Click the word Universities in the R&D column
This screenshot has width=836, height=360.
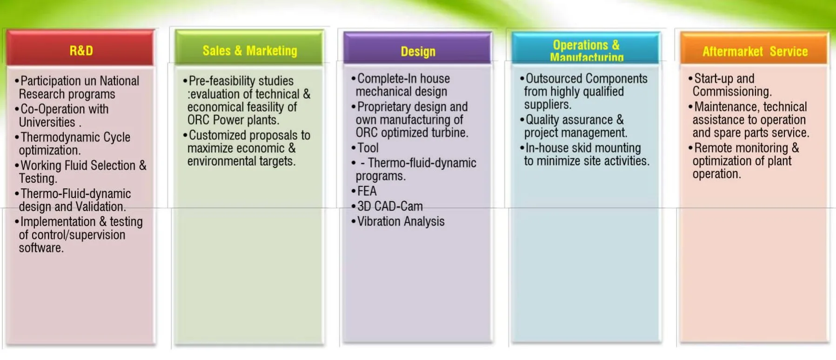pos(47,122)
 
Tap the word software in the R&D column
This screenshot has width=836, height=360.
pos(40,247)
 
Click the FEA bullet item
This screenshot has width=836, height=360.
pos(367,191)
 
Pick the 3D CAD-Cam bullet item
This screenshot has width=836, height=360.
pos(390,206)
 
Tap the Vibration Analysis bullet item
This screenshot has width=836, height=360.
pos(401,221)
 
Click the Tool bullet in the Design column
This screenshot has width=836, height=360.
pos(368,148)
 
